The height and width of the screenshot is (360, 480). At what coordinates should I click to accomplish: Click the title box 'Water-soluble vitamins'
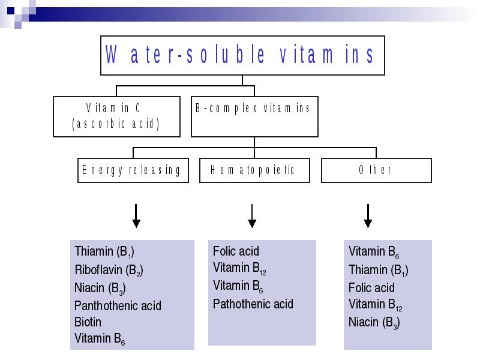coord(242,55)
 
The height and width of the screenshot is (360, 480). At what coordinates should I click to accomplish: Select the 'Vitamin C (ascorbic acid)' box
coord(116,116)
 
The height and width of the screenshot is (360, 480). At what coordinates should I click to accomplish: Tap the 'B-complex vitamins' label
coord(253,109)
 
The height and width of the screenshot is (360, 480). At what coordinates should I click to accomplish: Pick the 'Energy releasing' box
coord(133,170)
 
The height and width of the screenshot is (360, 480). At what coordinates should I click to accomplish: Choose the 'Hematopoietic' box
coord(254,170)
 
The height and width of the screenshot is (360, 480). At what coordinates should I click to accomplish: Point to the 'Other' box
coord(376,170)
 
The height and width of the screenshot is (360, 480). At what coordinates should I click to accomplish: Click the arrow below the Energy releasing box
coord(136,216)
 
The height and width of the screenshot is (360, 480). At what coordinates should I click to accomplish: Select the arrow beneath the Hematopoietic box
coord(252,216)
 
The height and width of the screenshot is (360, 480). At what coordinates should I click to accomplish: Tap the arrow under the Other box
coord(368,216)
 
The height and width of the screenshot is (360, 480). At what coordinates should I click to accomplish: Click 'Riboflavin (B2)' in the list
coord(109,271)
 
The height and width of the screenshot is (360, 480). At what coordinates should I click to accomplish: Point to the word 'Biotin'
coord(88,322)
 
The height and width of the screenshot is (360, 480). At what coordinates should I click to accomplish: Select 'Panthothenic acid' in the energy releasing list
coord(118,305)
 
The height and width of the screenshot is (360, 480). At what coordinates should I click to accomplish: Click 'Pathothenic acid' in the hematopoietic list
coord(253,304)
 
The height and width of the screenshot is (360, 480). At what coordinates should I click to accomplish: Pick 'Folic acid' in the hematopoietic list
coord(236,251)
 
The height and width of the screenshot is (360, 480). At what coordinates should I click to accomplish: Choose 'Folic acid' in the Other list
coord(371,288)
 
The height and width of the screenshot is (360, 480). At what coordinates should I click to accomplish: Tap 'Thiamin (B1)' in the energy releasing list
coord(104,252)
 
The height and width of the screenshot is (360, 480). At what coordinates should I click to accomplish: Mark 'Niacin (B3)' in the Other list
coord(374,323)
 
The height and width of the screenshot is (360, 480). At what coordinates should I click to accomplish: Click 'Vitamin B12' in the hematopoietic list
coord(239,268)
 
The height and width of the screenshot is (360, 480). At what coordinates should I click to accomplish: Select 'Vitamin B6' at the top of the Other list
coord(374,252)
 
